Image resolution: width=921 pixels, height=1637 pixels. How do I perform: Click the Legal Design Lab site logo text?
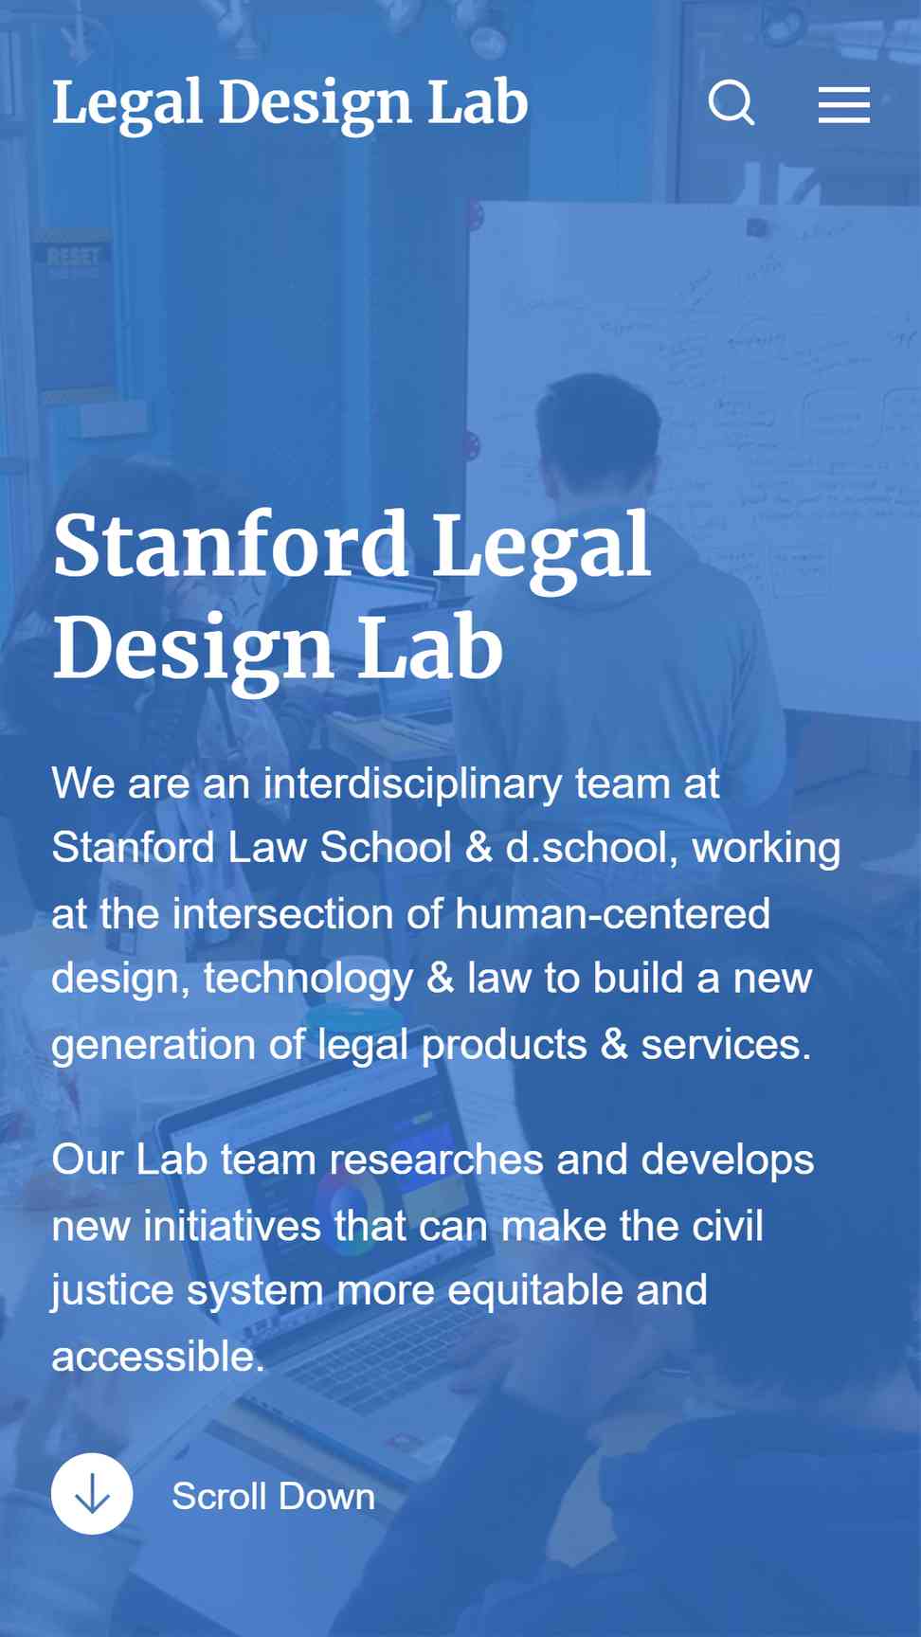290,103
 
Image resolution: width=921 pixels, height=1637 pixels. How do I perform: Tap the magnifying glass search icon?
731,102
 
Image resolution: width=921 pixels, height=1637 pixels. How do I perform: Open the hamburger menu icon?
844,104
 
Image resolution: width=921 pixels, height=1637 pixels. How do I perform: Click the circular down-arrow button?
92,1494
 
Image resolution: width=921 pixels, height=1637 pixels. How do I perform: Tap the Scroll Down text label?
274,1497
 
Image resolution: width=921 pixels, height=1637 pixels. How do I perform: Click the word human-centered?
612,914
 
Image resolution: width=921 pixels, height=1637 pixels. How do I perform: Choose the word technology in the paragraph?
309,980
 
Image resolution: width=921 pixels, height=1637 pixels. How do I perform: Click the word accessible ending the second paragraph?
157,1357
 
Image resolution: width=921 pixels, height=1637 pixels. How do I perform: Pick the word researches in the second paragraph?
437,1160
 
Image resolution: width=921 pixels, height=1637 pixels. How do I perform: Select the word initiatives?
232,1226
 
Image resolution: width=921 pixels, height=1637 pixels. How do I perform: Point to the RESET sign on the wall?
73,257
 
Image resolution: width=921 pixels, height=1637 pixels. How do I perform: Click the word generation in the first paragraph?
153,1046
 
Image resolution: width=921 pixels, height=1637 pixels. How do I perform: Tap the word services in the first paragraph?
726,1045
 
